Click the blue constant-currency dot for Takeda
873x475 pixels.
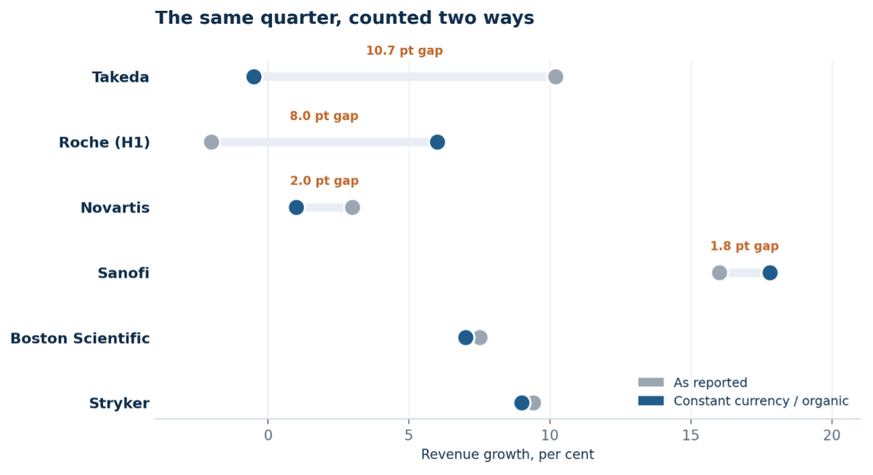254,77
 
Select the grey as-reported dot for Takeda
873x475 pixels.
555,77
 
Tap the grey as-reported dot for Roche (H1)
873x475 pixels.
211,143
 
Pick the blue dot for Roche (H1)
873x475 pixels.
437,143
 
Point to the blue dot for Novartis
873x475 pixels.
296,207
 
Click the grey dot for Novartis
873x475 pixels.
353,207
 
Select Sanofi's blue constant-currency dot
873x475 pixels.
770,272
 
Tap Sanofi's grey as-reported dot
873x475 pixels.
720,272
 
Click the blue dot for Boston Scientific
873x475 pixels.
466,338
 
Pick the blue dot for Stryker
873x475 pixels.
522,403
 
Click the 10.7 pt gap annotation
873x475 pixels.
404,51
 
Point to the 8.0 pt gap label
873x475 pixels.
324,116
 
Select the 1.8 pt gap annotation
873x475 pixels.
744,246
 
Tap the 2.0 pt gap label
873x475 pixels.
324,181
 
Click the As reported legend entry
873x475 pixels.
692,383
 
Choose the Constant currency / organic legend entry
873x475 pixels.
743,401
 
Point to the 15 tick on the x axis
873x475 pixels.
691,435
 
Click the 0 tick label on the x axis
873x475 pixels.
268,435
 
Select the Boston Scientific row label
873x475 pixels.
80,339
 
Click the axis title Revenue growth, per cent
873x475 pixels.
507,455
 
